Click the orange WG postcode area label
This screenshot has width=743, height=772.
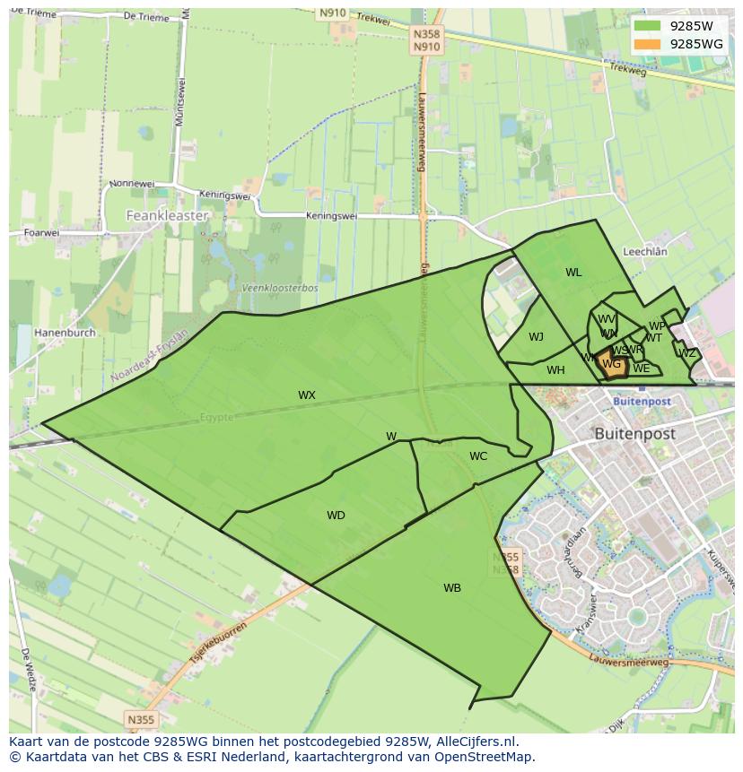pos(612,364)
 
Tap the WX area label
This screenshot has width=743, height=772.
pos(307,395)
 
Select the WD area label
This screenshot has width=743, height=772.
pos(336,516)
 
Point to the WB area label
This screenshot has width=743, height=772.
pos(452,588)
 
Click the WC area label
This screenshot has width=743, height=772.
pos(478,456)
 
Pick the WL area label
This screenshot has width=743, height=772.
pos(573,273)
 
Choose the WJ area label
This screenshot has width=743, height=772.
pos(536,337)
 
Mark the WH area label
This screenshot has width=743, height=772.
pos(555,370)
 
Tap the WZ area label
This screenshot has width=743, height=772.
pos(687,353)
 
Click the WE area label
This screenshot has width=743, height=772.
pos(641,369)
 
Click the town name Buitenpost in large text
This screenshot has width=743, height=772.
pos(634,433)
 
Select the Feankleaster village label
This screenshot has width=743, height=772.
pos(167,216)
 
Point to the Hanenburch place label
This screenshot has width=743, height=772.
pos(65,333)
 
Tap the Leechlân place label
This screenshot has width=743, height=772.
pos(644,253)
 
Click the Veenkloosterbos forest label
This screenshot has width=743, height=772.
pos(279,288)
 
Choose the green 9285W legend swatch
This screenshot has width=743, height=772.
pos(646,26)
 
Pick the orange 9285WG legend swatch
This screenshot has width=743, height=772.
pos(646,44)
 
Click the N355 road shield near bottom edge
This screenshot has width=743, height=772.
pos(140,719)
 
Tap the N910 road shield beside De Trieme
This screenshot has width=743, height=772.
pos(330,13)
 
